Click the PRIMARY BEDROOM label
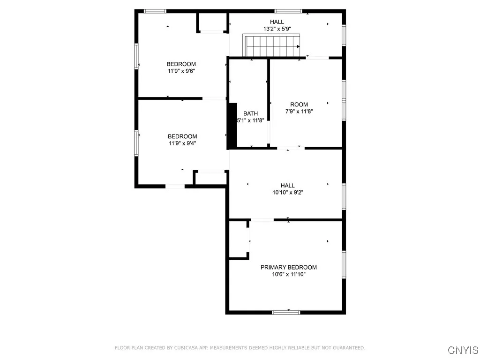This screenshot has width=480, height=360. coord(288,267)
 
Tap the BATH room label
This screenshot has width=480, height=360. coord(250,113)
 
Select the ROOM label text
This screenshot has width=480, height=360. coord(299,105)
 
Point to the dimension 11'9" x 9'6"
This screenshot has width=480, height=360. coord(181,71)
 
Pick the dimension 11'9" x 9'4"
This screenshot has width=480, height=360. coord(182,144)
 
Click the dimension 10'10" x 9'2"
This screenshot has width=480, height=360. coord(288,192)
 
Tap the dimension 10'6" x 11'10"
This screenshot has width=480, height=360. coord(288,275)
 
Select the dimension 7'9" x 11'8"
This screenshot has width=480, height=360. coord(299,112)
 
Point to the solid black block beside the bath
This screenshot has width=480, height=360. coord(232,126)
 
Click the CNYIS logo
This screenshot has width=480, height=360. coord(463,350)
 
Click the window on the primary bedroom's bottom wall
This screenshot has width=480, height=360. coord(286,312)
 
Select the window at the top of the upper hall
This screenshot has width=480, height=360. coord(288,11)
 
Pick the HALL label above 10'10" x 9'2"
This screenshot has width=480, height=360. coord(288,185)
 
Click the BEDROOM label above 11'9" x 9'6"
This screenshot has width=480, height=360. coord(181,64)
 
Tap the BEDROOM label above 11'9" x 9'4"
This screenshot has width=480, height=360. coord(182,136)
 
